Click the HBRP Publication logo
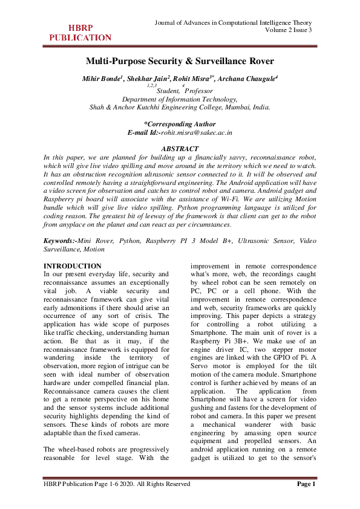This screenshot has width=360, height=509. [80, 33]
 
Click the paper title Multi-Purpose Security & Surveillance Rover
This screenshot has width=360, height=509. [180, 61]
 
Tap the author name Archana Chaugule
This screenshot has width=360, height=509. [252, 79]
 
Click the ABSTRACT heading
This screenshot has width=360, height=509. [180, 149]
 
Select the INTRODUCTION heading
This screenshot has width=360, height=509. [73, 267]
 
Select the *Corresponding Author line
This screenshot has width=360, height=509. [180, 124]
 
